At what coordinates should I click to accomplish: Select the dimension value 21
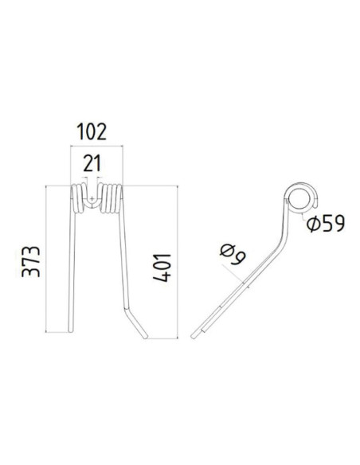point(94,164)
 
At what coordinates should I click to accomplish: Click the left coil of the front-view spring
point(78,199)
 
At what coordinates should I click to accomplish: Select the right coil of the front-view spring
point(112,199)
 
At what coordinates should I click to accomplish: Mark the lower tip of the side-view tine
point(205,329)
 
